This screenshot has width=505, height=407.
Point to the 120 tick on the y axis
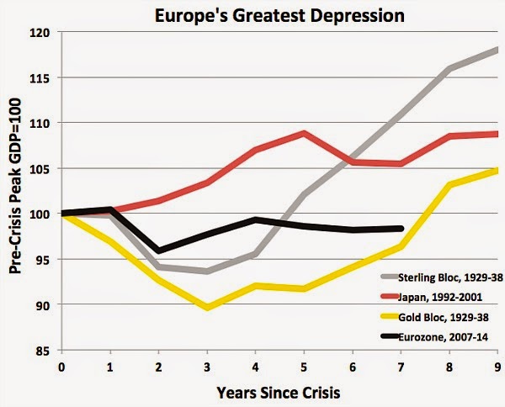coord(40,32)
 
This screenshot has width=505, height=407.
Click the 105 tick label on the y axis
coord(40,168)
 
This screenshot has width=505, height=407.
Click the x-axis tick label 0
coord(61,367)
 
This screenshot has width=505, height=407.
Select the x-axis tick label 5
coord(304,367)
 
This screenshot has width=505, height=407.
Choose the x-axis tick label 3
coord(207,367)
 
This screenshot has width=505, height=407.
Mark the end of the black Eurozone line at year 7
coord(401,228)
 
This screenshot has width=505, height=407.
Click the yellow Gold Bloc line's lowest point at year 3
coord(207,308)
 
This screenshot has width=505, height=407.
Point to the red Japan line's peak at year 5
coord(304,133)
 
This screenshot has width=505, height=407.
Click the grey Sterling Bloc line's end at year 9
coord(497,50)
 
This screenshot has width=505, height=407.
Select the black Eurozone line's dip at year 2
coord(158,251)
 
